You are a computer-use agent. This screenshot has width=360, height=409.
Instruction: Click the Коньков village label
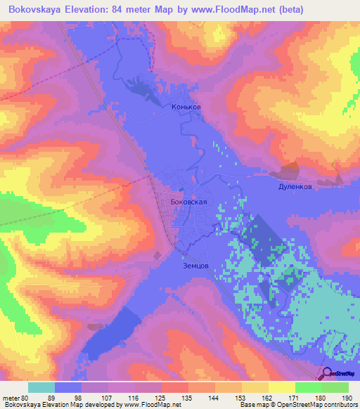(x=186, y=108)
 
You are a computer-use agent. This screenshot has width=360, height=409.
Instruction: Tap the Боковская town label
(x=189, y=201)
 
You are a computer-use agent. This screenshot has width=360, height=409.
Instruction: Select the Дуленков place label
(x=293, y=188)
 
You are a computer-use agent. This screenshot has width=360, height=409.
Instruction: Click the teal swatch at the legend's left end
(x=41, y=387)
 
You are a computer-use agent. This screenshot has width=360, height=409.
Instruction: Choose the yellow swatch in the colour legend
(x=282, y=387)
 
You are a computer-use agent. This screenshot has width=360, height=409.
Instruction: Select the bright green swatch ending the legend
(x=335, y=387)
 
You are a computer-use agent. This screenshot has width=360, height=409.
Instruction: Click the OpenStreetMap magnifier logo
(x=327, y=374)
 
